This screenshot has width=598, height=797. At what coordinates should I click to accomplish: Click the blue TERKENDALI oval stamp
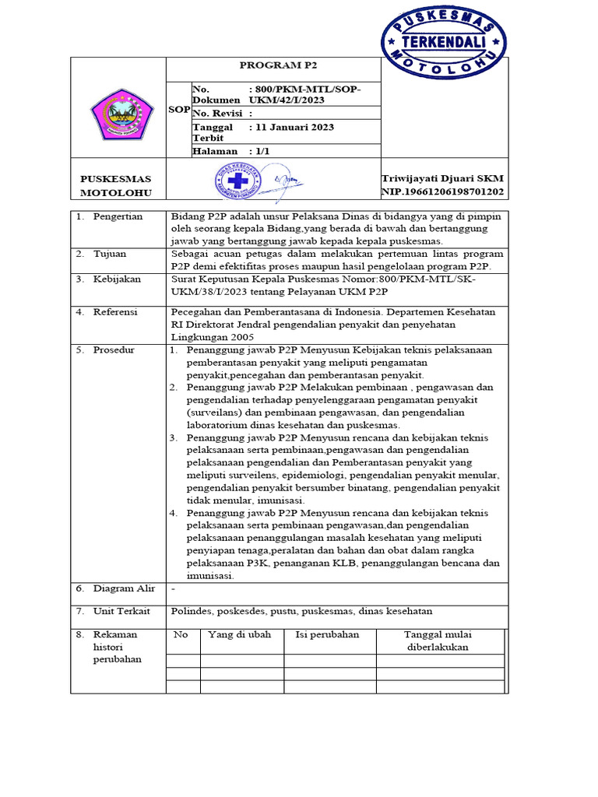pos(444,44)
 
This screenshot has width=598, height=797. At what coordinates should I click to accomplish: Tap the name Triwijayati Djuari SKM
pos(441,179)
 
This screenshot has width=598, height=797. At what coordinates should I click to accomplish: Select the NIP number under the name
pos(441,191)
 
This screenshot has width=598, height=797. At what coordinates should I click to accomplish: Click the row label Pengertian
pos(118,216)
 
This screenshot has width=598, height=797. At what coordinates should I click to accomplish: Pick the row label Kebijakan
pos(116,278)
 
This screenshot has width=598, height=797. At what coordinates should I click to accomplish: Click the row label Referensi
pos(115,311)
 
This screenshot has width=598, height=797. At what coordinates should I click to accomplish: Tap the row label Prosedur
pos(114,350)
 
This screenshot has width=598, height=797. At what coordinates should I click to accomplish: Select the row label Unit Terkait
pos(121,611)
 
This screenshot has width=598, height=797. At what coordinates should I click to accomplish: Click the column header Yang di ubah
pos(240,634)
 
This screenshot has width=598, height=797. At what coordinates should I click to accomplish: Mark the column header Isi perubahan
pos(327,634)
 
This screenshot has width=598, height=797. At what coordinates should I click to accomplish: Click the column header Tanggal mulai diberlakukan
pos(438,641)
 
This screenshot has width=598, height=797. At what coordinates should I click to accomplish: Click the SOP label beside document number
pos(179,110)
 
